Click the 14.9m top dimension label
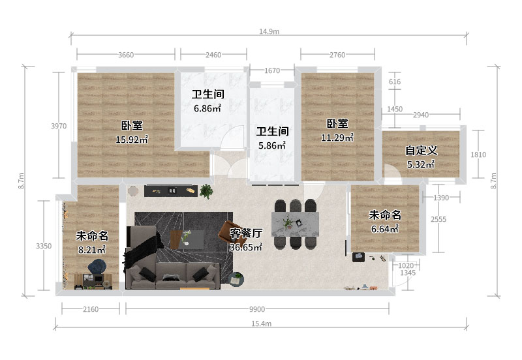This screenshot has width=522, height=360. [269, 31]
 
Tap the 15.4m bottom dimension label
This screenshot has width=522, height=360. [262, 323]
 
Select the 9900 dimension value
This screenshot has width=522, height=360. [257, 309]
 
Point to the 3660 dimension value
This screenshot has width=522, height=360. [126, 55]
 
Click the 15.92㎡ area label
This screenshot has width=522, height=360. [132, 140]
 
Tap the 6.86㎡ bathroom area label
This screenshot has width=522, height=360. [207, 108]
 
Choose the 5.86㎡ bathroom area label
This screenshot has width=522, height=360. [272, 145]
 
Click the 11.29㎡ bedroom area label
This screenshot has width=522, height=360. [337, 138]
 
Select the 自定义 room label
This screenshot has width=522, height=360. [421, 151]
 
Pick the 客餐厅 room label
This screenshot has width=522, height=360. [246, 233]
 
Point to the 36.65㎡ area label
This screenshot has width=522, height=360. [246, 247]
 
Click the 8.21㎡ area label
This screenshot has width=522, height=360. [92, 250]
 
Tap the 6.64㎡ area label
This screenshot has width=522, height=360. [385, 229]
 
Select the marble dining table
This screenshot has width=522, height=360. [295, 224]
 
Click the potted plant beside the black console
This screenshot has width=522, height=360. [206, 191]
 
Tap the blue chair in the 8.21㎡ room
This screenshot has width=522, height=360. [97, 267]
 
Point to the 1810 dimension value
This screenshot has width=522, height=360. [478, 155]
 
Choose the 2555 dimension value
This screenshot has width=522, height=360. [438, 219]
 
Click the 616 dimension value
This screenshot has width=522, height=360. [395, 82]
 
